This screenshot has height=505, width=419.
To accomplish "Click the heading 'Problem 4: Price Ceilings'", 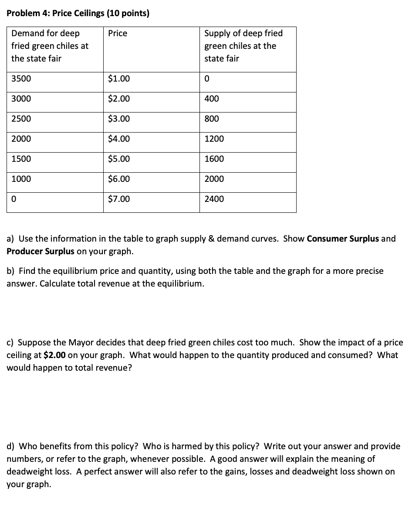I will click(x=78, y=13).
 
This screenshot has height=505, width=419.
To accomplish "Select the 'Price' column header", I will click(x=118, y=34).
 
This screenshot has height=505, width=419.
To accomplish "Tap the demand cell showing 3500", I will click(x=21, y=79).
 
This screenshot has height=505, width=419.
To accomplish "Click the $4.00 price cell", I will click(x=119, y=139).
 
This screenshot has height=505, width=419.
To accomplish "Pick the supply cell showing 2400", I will click(x=214, y=199).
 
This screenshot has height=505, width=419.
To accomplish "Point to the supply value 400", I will click(x=212, y=99).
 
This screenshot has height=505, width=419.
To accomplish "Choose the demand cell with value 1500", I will click(x=21, y=159).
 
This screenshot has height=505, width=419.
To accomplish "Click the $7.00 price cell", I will click(x=119, y=199).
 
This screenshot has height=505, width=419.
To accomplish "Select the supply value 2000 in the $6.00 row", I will click(x=214, y=179).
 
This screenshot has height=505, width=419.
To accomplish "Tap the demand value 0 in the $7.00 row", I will click(x=14, y=199).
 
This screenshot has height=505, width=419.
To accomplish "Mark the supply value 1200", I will click(x=214, y=139).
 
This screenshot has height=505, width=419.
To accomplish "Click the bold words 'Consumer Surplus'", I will click(x=343, y=239).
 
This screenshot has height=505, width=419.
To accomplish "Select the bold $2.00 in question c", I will click(x=55, y=355).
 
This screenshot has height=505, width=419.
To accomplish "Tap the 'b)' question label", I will click(x=11, y=271).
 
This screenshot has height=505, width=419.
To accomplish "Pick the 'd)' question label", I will click(x=11, y=446).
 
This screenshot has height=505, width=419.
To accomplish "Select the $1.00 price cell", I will click(x=119, y=79).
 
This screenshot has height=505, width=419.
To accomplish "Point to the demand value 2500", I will click(x=21, y=119).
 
